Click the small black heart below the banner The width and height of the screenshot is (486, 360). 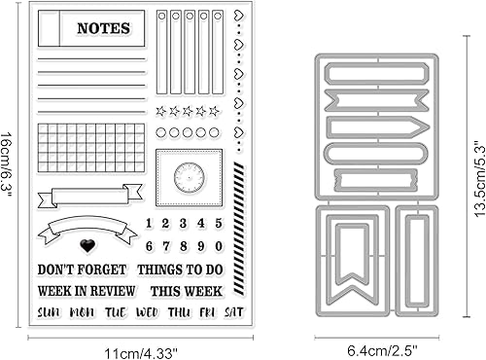[87, 246]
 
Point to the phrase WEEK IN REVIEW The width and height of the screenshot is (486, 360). [84, 290]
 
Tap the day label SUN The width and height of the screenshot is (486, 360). [48, 311]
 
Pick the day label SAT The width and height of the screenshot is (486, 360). [234, 311]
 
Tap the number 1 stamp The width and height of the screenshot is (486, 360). [149, 224]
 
